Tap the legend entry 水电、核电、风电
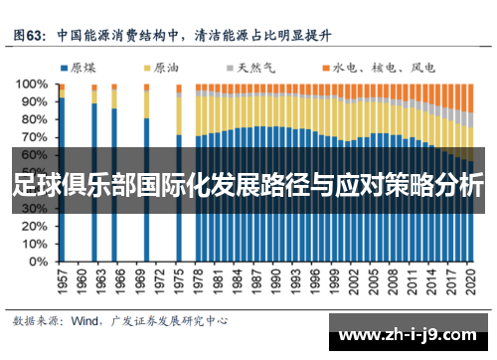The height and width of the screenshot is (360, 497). [x=374, y=68]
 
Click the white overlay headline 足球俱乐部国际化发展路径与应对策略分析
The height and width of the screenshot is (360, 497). [x=248, y=185]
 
